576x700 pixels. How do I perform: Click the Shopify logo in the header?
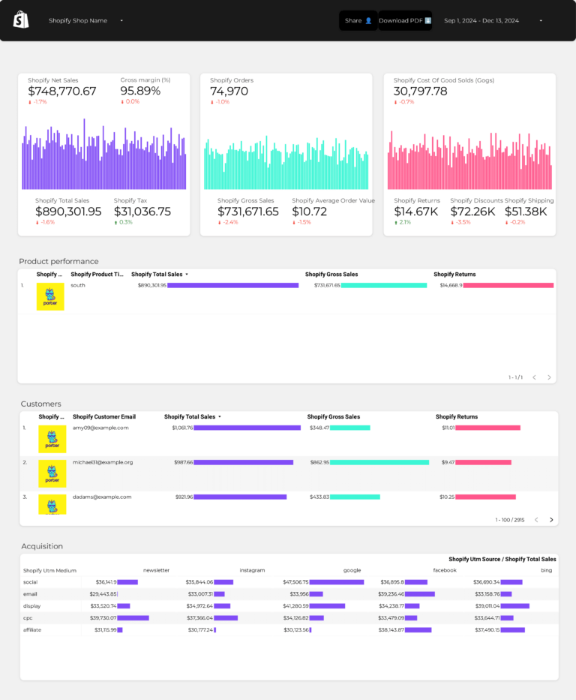21,20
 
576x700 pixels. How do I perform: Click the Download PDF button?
405,21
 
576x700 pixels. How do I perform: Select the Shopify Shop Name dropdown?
85,21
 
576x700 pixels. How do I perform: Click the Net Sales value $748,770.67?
62,91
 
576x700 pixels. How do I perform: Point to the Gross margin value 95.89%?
140,91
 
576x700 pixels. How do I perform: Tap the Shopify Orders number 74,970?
229,91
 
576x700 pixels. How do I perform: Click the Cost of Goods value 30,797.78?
420,91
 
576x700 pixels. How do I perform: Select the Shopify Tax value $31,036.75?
142,212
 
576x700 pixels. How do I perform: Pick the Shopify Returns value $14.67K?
416,212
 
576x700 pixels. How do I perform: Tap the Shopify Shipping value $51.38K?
526,212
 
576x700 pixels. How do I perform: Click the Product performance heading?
58,261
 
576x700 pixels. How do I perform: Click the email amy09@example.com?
100,428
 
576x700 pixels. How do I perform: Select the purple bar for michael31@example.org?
243,462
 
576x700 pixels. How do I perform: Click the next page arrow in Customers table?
551,519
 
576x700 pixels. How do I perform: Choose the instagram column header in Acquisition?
252,570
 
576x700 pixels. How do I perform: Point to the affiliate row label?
32,629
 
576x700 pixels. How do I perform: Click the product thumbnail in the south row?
50,296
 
